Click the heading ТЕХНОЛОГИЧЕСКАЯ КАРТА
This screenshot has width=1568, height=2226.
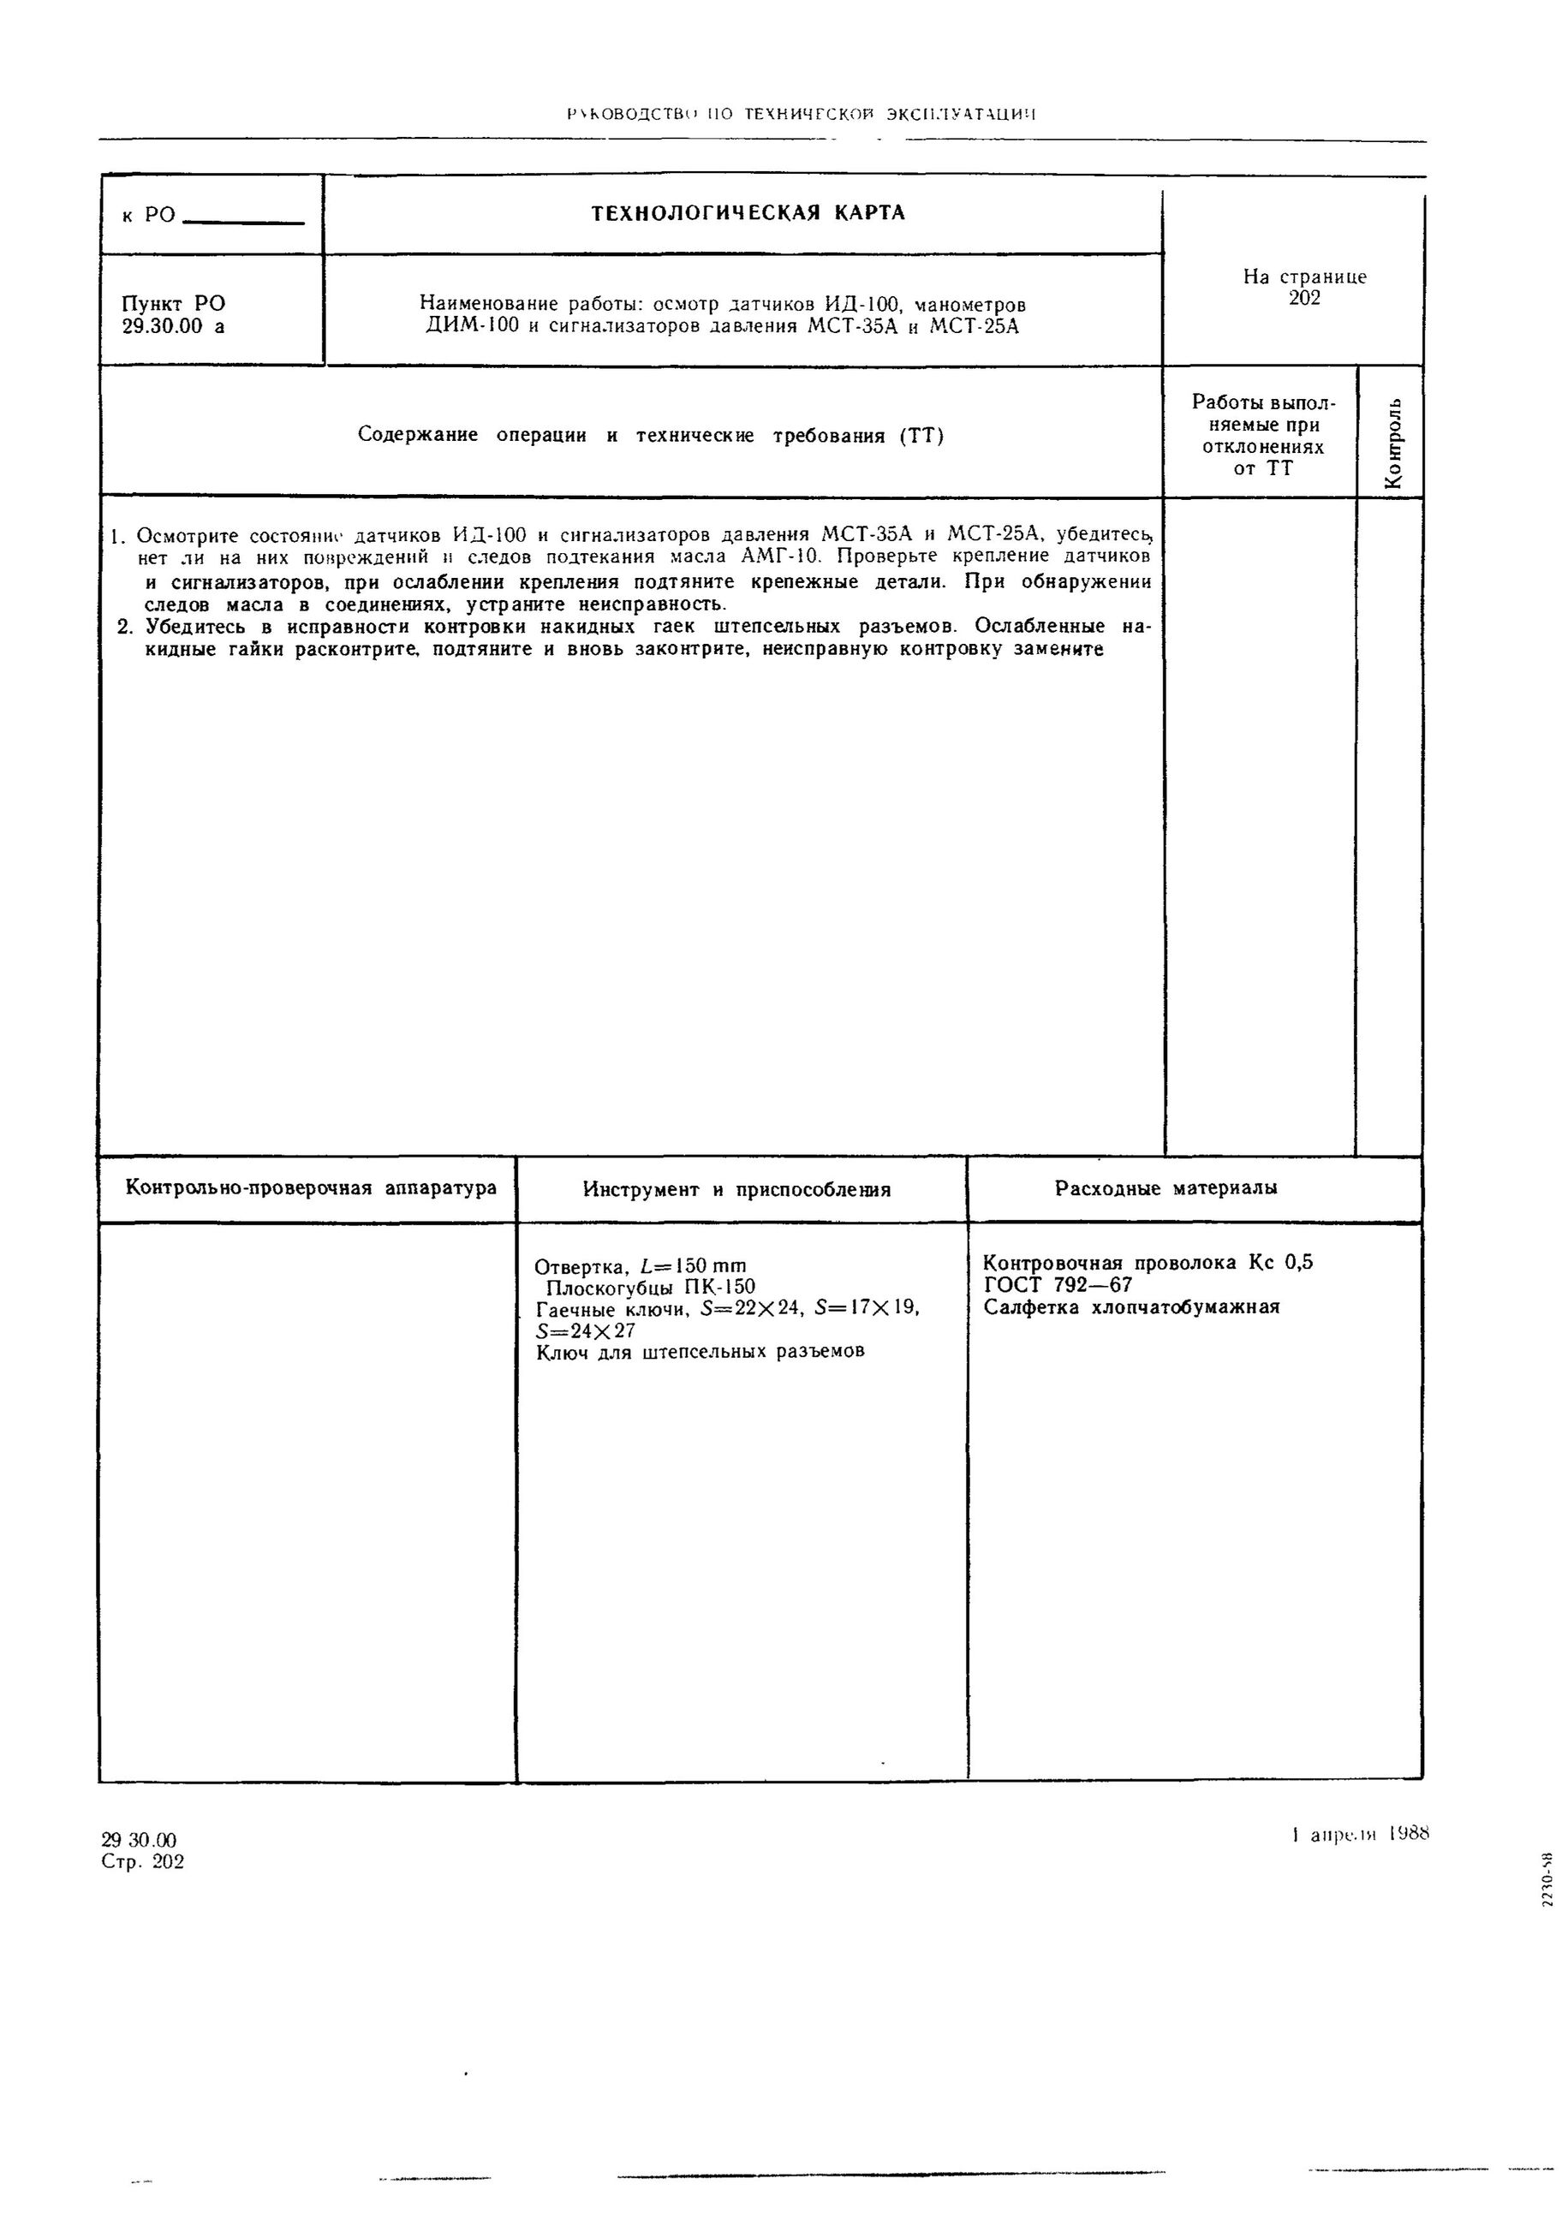pos(748,213)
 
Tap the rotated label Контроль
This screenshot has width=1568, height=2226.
pos(1393,444)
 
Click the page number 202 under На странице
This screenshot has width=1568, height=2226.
pos(1304,299)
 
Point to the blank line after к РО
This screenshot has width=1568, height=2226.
pos(243,222)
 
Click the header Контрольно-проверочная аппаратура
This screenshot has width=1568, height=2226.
pos(310,1187)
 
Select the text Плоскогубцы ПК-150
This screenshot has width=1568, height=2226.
pos(650,1288)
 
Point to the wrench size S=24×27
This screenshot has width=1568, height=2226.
pos(586,1331)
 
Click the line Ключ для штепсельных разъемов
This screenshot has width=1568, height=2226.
pos(699,1352)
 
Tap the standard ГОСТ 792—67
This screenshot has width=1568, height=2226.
pos(1057,1286)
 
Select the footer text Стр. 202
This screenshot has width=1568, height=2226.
pos(141,1862)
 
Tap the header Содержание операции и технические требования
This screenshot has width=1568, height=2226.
pos(650,435)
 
